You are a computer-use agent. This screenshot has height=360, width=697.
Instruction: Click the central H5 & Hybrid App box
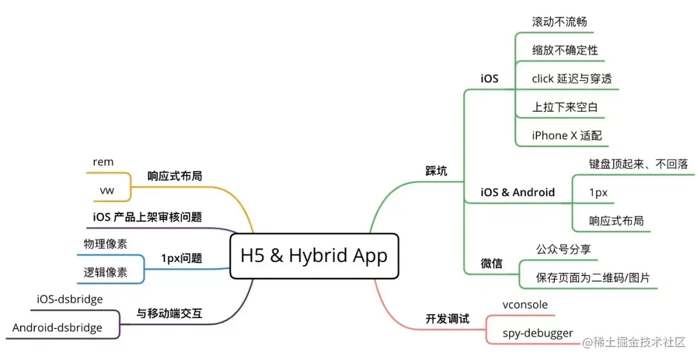pos(314,256)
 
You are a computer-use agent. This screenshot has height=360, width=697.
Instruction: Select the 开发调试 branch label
pos(447,319)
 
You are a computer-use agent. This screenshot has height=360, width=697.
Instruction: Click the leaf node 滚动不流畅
pos(559,21)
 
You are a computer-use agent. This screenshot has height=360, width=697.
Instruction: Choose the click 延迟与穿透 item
pos(572,78)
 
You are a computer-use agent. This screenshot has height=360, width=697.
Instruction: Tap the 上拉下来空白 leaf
pos(565,107)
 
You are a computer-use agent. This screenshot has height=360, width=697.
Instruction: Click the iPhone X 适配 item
pos(567,135)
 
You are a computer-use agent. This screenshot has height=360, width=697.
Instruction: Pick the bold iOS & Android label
pos(518,192)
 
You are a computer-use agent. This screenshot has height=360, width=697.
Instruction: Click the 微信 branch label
pos(491,264)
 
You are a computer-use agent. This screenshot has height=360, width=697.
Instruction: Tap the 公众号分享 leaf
pos(563,249)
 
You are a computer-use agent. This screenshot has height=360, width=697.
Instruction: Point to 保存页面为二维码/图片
pos(592,278)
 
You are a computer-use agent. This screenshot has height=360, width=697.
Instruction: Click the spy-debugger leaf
pos(538,333)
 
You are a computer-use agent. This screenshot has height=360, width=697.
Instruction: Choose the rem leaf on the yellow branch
pos(103,162)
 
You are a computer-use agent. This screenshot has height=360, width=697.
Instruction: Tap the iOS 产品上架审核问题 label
pos(152,217)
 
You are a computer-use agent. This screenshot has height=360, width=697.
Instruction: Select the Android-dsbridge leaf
pos(57,328)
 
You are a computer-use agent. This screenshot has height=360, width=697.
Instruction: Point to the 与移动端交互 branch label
pos(169,314)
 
